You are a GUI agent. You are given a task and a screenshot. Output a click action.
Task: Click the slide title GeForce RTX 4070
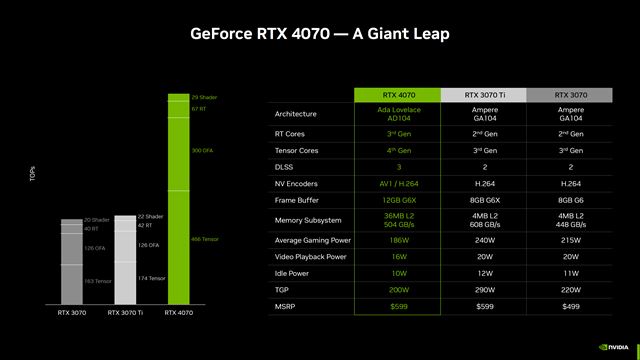[x=320, y=34]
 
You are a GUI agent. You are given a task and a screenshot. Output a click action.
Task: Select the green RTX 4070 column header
[x=399, y=95]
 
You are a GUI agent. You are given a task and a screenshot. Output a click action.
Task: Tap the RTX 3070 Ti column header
[x=486, y=95]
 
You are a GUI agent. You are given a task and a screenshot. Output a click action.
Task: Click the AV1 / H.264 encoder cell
[x=399, y=184]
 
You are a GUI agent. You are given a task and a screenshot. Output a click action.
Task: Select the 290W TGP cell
[x=486, y=288]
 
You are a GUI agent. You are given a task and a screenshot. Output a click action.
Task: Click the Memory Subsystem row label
[x=309, y=219]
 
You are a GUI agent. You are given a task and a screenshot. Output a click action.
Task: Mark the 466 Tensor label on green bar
[x=204, y=239]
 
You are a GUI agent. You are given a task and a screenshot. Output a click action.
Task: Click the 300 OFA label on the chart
[x=202, y=149]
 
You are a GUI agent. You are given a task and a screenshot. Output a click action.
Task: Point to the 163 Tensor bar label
[x=97, y=281]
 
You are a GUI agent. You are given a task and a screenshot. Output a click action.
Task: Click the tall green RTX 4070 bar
[x=177, y=200]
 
